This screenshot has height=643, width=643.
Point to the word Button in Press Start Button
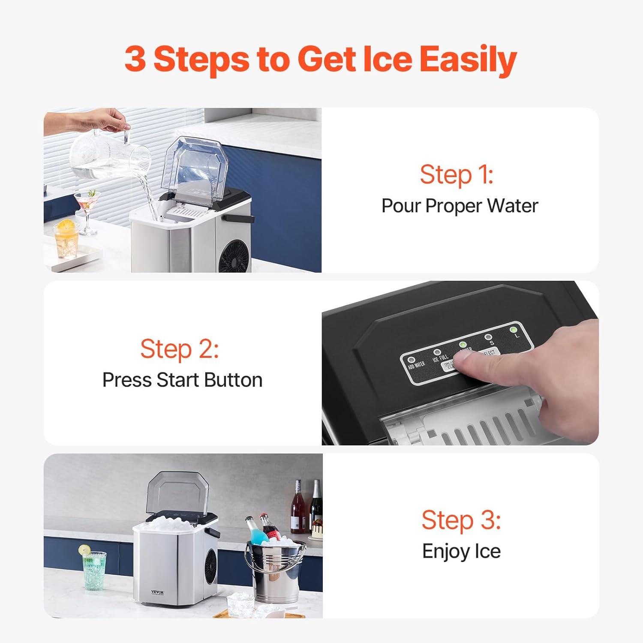tap(233, 380)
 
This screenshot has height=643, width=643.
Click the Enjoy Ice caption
tap(461, 551)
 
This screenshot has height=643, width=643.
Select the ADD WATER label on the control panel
tap(416, 365)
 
